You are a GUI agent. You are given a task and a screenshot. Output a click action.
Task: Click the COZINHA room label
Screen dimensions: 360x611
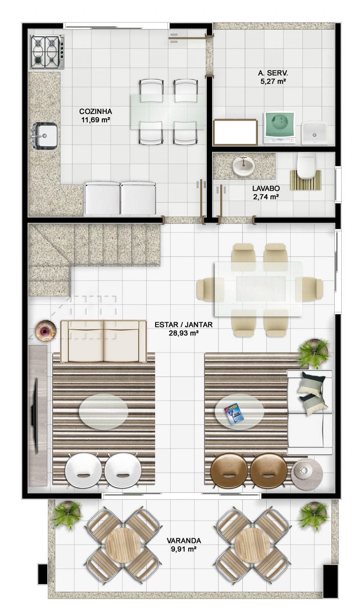tap(96, 111)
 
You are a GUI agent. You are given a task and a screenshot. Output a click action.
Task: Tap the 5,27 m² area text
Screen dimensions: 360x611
tap(273, 81)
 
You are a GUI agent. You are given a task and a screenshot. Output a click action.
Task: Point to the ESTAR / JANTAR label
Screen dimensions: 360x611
tap(183, 324)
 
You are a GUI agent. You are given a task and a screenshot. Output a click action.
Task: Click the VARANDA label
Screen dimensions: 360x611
tap(184, 540)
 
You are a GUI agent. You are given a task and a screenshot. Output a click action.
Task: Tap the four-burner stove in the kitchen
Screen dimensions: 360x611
tap(48, 52)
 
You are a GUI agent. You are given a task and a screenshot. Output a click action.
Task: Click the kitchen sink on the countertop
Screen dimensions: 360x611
tap(45, 136)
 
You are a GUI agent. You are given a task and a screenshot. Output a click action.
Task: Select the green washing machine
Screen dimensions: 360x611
tap(279, 128)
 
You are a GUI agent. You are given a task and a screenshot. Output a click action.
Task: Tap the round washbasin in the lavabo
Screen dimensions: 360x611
tap(244, 166)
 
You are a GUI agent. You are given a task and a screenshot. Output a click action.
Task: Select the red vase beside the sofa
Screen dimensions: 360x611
tap(45, 330)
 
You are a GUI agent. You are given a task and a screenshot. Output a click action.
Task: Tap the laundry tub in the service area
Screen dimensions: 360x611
tap(314, 133)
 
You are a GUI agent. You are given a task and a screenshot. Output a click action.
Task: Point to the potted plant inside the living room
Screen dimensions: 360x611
tap(314, 353)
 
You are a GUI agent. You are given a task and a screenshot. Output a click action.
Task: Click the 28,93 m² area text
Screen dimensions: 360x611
tap(183, 333)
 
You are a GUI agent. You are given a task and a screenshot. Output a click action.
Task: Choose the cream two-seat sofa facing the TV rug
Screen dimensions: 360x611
tap(104, 341)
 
